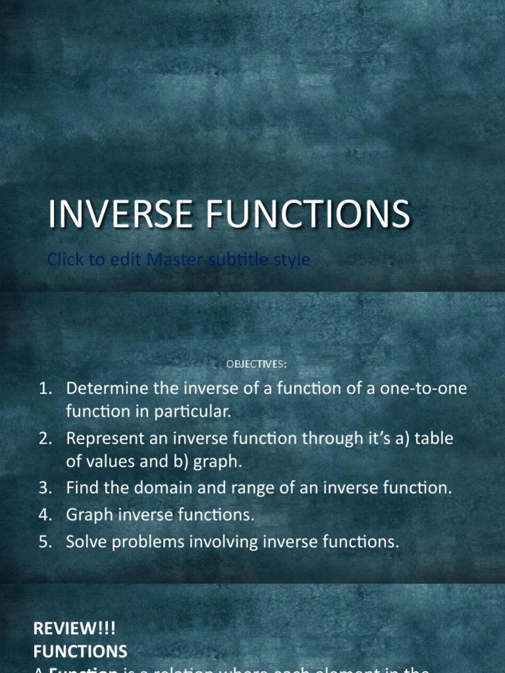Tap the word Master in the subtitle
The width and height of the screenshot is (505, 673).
point(173,260)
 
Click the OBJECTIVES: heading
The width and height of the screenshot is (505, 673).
point(256,363)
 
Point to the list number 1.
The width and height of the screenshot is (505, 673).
point(44,388)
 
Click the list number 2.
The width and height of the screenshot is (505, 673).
point(44,438)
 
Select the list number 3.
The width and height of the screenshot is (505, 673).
point(44,488)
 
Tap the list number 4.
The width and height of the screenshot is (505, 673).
point(44,515)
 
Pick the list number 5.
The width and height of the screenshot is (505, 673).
point(44,542)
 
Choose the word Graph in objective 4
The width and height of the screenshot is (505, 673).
point(86,515)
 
